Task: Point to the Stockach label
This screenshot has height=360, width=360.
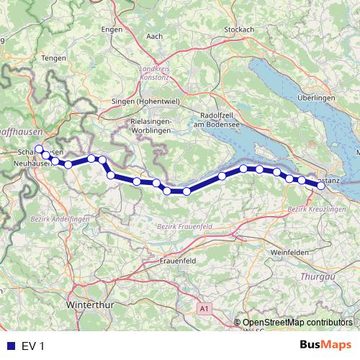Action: (x=239, y=29)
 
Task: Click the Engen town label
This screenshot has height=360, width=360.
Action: (x=112, y=29)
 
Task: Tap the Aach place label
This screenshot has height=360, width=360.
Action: (x=154, y=36)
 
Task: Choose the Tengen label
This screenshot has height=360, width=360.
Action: (x=54, y=58)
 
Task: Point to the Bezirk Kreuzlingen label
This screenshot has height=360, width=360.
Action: (x=312, y=208)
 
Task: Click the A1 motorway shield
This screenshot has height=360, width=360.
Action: (x=205, y=309)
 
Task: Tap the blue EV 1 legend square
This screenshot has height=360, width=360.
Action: (x=11, y=346)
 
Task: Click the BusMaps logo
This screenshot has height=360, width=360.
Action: (x=325, y=346)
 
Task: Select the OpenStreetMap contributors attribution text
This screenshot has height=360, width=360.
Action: (x=297, y=323)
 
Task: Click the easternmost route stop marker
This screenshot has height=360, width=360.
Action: (x=321, y=186)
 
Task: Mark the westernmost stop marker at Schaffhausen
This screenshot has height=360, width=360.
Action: (x=39, y=149)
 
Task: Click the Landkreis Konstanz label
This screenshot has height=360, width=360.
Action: (x=154, y=73)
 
